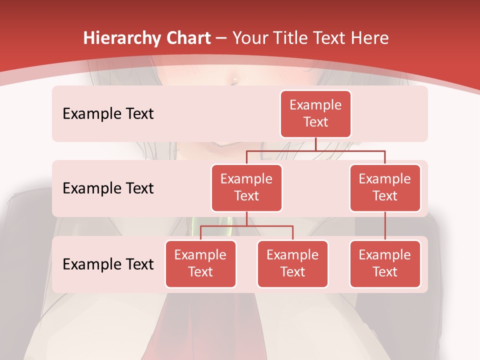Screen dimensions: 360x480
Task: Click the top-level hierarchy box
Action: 315,113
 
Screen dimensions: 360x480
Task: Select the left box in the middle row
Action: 246,187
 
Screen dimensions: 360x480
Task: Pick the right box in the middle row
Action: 385,187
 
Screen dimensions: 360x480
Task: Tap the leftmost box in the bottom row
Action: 200,263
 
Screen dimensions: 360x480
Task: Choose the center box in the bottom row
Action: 292,263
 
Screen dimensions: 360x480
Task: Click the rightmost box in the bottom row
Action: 385,263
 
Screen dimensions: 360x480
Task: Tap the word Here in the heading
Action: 370,38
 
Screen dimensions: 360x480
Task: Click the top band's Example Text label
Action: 108,113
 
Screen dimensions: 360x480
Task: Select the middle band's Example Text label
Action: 108,188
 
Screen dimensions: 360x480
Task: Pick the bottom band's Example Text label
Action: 108,264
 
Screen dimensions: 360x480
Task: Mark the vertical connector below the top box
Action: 315,143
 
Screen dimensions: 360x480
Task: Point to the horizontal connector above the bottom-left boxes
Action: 246,226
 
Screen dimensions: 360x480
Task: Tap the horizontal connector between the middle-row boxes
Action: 315,150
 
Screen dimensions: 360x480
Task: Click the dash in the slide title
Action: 221,38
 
